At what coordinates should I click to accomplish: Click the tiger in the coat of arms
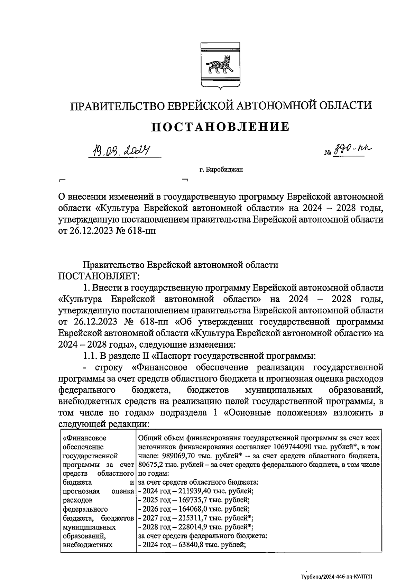point(220,65)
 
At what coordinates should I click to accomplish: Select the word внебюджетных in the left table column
point(88,545)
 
